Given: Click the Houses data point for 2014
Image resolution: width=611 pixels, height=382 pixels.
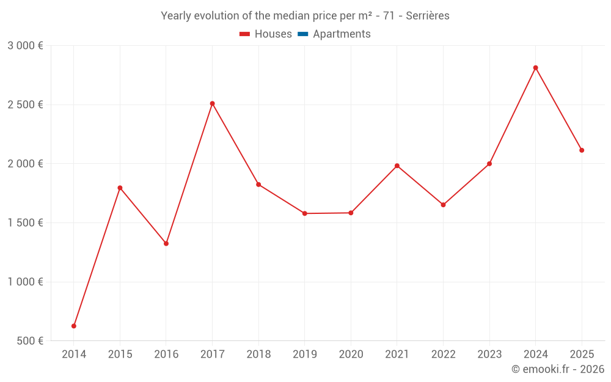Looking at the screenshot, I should (x=74, y=326).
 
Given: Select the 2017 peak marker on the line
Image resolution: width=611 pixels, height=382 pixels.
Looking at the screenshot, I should (x=212, y=103).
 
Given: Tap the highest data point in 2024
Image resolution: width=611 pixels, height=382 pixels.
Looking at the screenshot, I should (x=535, y=68).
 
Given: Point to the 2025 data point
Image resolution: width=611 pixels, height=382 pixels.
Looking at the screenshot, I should (x=582, y=150).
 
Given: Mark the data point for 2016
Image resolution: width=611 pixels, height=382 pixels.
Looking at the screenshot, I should (x=166, y=243).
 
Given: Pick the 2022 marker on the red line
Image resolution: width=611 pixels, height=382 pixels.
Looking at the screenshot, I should (x=443, y=205).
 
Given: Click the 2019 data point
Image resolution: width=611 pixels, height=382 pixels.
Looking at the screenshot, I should (x=305, y=213).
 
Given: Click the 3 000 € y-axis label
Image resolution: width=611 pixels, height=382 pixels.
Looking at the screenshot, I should (x=25, y=46).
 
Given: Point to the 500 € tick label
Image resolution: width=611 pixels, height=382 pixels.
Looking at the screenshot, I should (x=29, y=341).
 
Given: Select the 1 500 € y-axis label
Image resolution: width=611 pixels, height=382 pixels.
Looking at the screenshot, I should (x=25, y=223).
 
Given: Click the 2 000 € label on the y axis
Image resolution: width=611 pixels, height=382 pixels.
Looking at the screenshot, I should (x=25, y=164).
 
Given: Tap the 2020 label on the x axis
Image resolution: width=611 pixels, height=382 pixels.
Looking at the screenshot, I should (x=351, y=354).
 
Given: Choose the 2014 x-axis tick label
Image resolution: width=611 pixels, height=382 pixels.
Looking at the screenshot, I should (x=74, y=354).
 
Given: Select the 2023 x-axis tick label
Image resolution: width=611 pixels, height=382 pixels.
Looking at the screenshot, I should (x=489, y=354).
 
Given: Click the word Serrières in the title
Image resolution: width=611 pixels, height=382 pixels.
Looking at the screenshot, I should (x=427, y=16).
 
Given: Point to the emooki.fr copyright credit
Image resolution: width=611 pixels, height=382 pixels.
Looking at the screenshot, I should (x=558, y=369).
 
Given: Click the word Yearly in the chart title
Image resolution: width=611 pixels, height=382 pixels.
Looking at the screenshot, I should (x=175, y=16).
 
